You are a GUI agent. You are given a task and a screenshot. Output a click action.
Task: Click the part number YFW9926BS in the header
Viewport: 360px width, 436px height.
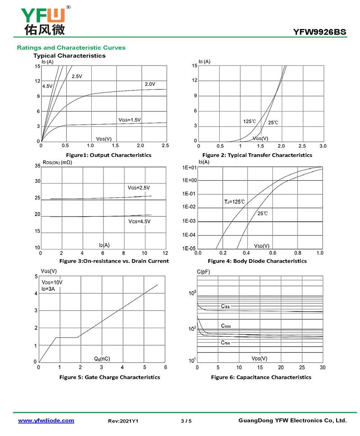click(x=319, y=32)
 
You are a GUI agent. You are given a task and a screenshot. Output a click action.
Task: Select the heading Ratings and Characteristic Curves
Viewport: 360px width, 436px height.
click(x=71, y=48)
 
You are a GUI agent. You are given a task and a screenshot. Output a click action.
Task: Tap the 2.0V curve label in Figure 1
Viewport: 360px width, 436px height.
click(x=150, y=84)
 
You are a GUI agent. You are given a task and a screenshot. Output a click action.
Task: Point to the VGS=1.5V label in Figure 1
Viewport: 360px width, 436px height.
click(x=130, y=120)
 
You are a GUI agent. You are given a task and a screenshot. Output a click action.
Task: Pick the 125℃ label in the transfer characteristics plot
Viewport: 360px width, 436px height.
click(x=250, y=121)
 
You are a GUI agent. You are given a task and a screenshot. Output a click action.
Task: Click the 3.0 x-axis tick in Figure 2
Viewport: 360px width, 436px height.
click(x=323, y=147)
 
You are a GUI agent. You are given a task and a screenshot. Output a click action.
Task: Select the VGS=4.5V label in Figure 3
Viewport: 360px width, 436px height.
click(x=139, y=222)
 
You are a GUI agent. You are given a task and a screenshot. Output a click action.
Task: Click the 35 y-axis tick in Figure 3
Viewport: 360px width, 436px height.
click(x=37, y=166)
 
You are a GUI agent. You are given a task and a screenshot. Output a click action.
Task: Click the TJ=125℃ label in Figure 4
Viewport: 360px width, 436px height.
click(x=234, y=202)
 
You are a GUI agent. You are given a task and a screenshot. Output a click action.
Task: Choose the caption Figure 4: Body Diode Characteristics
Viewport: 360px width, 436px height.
click(x=257, y=261)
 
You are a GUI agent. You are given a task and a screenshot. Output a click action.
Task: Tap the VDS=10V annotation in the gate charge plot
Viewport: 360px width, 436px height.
click(x=52, y=282)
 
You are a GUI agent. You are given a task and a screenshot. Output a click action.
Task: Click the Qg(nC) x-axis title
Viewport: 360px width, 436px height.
click(x=102, y=359)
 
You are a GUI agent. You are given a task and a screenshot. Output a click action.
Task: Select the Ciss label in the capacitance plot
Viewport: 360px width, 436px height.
click(x=225, y=306)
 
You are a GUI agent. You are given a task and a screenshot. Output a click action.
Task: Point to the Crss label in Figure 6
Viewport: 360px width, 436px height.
click(x=225, y=343)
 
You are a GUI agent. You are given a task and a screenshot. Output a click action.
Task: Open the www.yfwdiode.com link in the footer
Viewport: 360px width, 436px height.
click(x=46, y=421)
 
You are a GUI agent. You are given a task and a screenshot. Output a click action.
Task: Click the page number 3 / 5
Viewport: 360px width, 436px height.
click(x=186, y=421)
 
